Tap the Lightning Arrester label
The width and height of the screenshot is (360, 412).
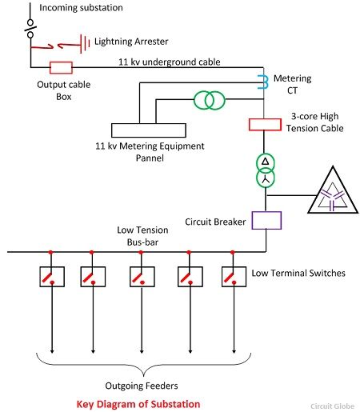click(x=131, y=42)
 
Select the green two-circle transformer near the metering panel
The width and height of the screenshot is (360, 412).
click(x=210, y=100)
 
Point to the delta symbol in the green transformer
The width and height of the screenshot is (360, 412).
click(x=266, y=162)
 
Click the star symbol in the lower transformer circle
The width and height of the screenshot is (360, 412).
click(x=266, y=179)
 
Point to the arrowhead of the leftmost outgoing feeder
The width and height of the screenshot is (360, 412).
click(x=52, y=351)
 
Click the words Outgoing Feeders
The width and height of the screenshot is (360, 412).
click(x=142, y=386)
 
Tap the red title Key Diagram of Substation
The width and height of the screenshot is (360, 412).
click(x=138, y=404)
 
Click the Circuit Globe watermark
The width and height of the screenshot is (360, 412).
click(x=332, y=406)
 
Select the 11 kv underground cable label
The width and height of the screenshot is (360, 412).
click(x=170, y=62)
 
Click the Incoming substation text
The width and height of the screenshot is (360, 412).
click(x=81, y=8)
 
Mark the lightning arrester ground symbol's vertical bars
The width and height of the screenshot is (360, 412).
click(x=85, y=43)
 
